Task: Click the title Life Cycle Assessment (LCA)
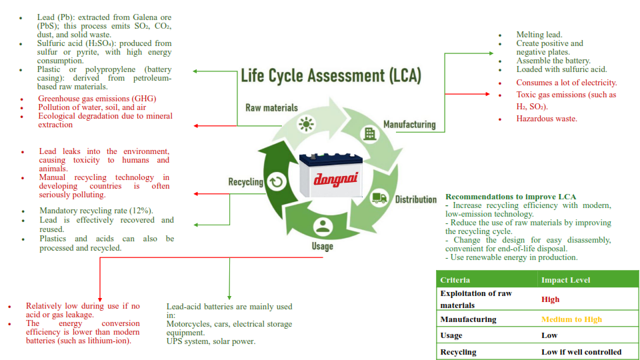pos(331,75)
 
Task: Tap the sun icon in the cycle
pos(306,123)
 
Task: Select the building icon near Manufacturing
pos(368,133)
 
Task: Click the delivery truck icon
pos(379,197)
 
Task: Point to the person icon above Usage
pos(323,225)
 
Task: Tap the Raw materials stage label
pos(271,108)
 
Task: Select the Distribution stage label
pos(416,200)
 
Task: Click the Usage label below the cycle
pos(322,247)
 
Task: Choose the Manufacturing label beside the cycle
pos(409,124)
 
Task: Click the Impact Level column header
pos(565,280)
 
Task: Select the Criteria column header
pos(455,280)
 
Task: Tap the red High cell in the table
pos(550,299)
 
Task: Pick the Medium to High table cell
pos(571,319)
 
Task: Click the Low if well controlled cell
pos(581,352)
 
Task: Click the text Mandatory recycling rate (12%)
pos(96,211)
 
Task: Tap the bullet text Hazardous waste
pos(547,119)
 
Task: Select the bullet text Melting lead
pos(539,35)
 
